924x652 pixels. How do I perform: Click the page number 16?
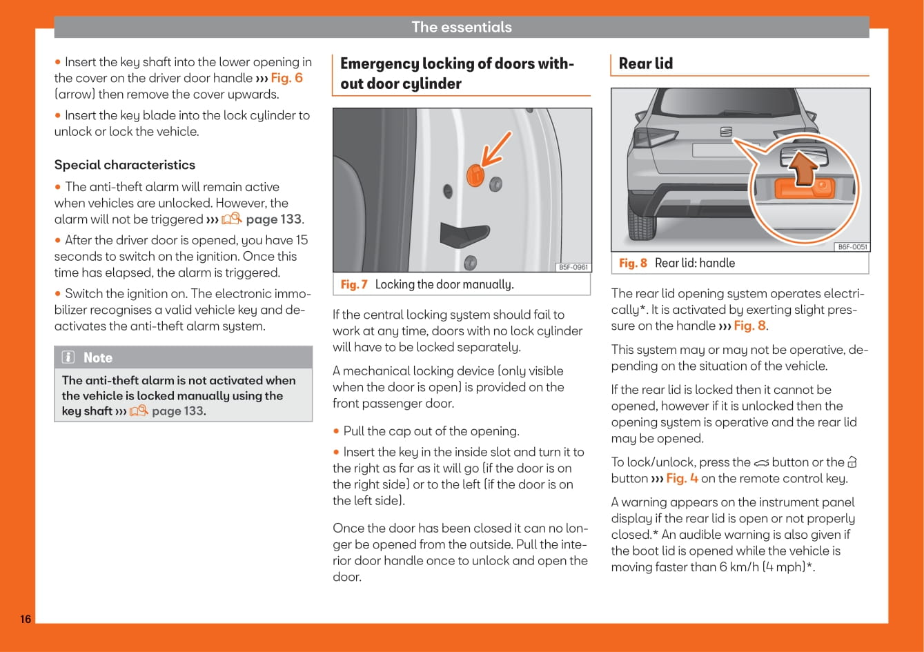coord(26,619)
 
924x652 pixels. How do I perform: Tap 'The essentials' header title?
coord(462,27)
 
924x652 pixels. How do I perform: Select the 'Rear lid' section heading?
coord(646,63)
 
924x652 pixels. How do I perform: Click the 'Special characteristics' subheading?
coord(125,165)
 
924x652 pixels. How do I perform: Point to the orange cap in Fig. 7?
coord(475,175)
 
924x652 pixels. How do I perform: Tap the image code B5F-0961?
coord(573,267)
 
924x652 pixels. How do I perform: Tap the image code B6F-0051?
coord(852,247)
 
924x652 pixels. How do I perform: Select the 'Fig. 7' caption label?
coord(354,284)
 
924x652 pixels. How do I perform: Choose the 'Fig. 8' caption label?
coord(633,263)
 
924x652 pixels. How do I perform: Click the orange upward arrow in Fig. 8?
coord(801,168)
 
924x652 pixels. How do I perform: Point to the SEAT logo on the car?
coord(726,131)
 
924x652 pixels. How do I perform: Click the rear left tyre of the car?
coord(641,221)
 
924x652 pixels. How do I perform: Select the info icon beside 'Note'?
coord(68,357)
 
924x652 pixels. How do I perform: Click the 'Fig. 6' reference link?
coord(286,78)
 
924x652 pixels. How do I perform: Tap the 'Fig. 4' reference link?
coord(682,478)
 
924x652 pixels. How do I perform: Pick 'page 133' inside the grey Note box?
coord(178,411)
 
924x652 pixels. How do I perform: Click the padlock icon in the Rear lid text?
coord(852,462)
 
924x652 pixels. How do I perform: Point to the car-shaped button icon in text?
coord(761,462)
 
